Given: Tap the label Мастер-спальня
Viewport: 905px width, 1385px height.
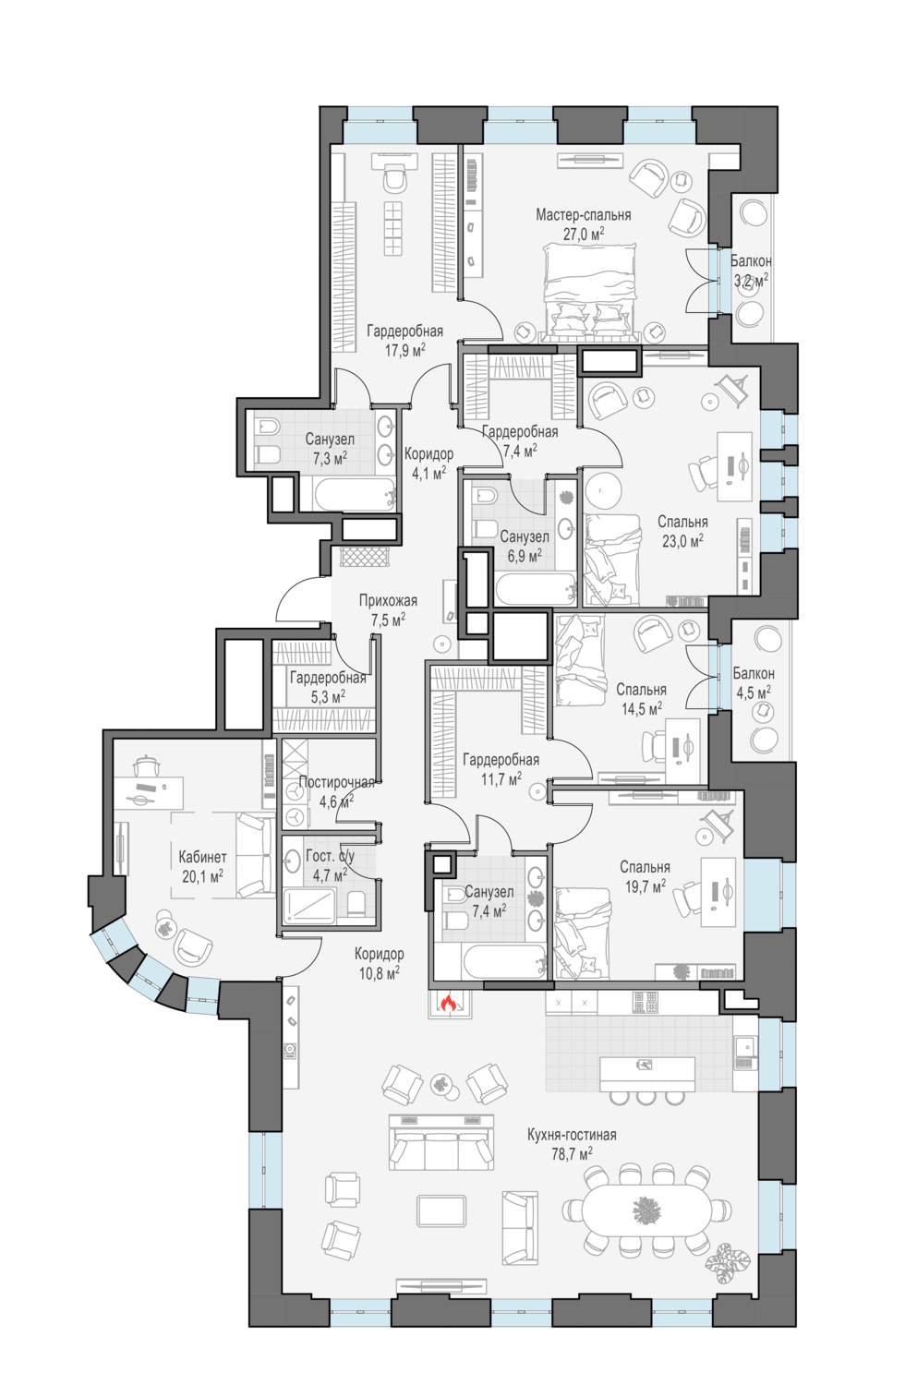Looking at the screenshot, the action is [x=583, y=215].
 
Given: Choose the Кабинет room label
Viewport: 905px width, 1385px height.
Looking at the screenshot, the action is [x=202, y=857].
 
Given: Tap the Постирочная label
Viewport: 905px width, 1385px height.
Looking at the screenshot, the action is [x=336, y=782].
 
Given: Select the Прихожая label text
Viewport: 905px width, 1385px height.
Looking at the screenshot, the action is [x=388, y=600].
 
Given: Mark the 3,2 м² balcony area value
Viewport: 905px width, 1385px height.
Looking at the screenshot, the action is [x=751, y=280].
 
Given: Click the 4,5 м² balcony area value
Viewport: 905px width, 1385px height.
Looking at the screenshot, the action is [x=753, y=692].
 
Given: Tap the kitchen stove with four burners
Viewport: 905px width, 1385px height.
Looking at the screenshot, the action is [x=645, y=1002].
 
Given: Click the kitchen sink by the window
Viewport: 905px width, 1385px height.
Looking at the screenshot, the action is [x=745, y=1046].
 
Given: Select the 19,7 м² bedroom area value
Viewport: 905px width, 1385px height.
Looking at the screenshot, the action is [x=646, y=886].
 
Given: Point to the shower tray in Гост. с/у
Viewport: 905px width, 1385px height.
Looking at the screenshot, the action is [x=308, y=907].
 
